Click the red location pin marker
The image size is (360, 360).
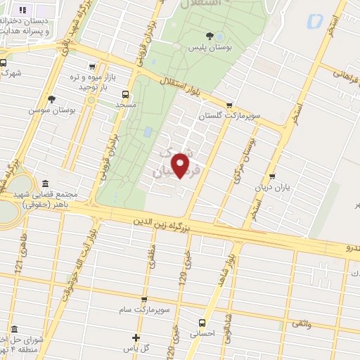pyautogui.click(x=181, y=165)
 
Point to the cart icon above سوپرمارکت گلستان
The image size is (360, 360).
pyautogui.click(x=229, y=105)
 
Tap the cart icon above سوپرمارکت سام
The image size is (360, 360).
pyautogui.click(x=144, y=300)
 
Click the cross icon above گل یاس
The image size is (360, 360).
pyautogui.click(x=136, y=338)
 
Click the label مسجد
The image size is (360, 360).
pyautogui.click(x=126, y=104)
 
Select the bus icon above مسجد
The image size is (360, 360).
pyautogui.click(x=126, y=94)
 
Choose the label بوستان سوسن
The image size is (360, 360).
pyautogui.click(x=51, y=110)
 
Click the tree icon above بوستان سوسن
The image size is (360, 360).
pyautogui.click(x=51, y=99)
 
